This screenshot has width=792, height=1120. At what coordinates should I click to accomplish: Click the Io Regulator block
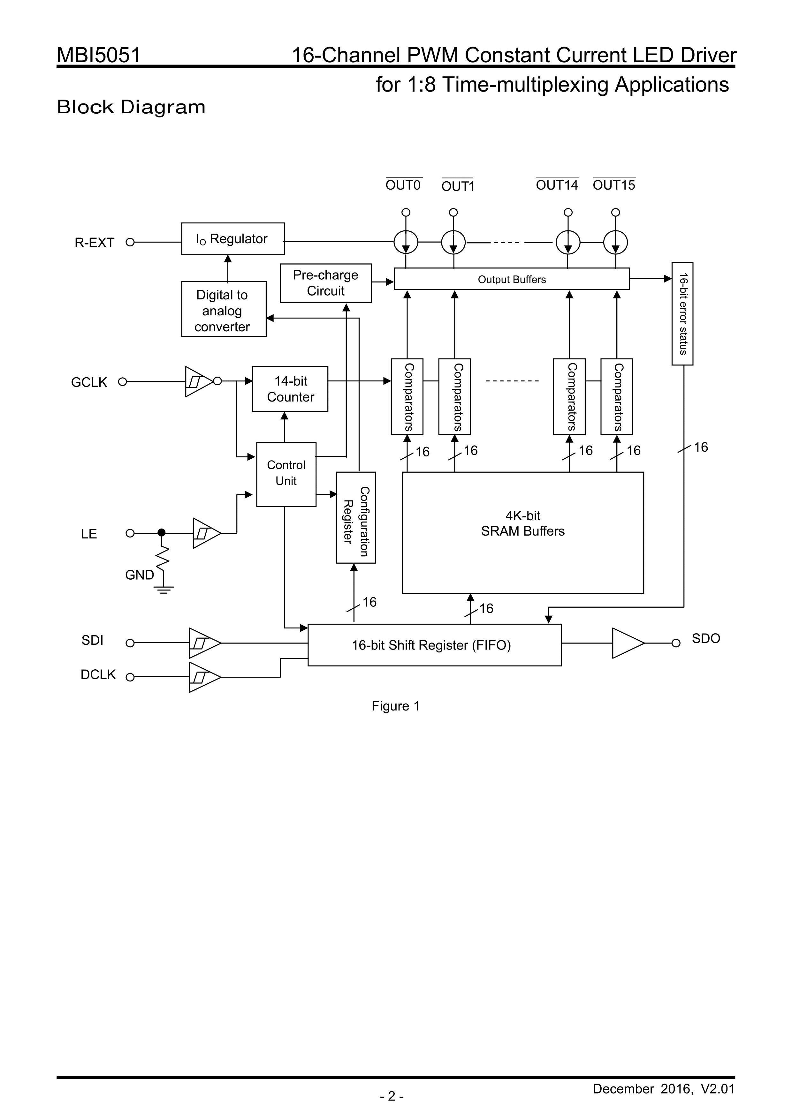[233, 239]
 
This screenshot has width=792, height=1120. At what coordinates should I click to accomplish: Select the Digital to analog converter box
[224, 309]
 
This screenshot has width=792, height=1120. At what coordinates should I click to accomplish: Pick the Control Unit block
[286, 474]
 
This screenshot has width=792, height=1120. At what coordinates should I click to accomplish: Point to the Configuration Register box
[356, 518]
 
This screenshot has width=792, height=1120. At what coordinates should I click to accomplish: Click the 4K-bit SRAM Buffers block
[523, 533]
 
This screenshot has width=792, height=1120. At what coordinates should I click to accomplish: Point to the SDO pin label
[706, 639]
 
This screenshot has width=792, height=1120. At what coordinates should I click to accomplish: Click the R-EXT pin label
[94, 243]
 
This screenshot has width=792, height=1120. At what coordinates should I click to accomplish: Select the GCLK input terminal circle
[123, 382]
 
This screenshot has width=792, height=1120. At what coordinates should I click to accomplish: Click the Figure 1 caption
[395, 706]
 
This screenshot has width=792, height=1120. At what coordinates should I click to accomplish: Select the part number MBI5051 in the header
[99, 55]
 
